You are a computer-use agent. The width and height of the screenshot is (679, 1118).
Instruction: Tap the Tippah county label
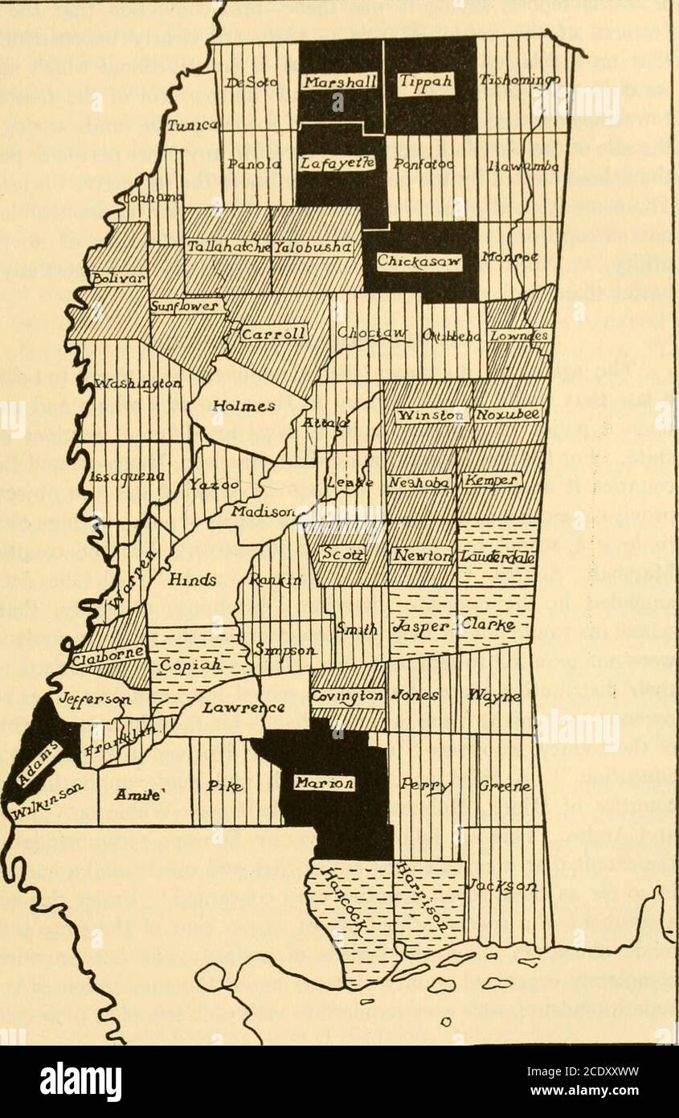pyautogui.click(x=425, y=81)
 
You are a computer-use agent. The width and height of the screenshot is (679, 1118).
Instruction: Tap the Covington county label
pyautogui.click(x=347, y=696)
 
